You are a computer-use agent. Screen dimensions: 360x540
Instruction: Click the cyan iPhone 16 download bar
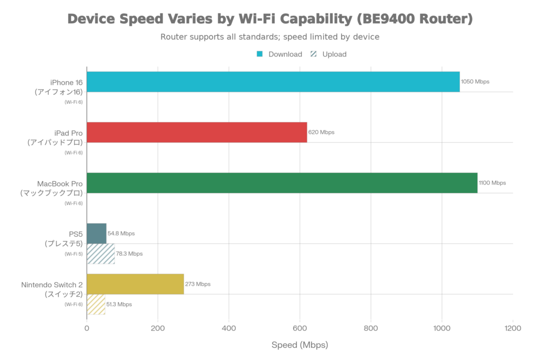coord(273,82)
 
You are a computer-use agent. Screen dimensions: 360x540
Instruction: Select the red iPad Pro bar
coord(197,132)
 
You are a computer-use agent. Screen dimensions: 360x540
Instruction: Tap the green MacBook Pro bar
coord(282,183)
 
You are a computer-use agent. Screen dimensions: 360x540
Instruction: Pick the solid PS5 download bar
coord(97,233)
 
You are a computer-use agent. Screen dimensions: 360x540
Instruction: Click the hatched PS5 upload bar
coord(101,254)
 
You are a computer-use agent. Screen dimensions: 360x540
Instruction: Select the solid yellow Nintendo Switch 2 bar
coord(136,284)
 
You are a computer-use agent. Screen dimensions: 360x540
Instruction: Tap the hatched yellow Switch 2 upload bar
coord(96,304)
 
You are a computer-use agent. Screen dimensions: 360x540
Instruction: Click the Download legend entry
coord(280,54)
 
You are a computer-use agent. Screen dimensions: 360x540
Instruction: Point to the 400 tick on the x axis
coord(229,328)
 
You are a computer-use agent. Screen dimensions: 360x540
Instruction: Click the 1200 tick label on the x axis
coord(513,328)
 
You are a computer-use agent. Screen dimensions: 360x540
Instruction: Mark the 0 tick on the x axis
coord(87,328)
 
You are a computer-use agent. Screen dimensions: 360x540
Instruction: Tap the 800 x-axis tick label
coord(371,328)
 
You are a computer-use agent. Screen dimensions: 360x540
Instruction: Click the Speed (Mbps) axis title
coord(300,346)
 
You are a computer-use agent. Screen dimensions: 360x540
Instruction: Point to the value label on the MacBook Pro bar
coord(491,183)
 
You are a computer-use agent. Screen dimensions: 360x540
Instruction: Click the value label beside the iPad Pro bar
coord(321,132)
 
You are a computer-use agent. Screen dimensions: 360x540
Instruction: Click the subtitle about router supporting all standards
coord(270,37)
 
